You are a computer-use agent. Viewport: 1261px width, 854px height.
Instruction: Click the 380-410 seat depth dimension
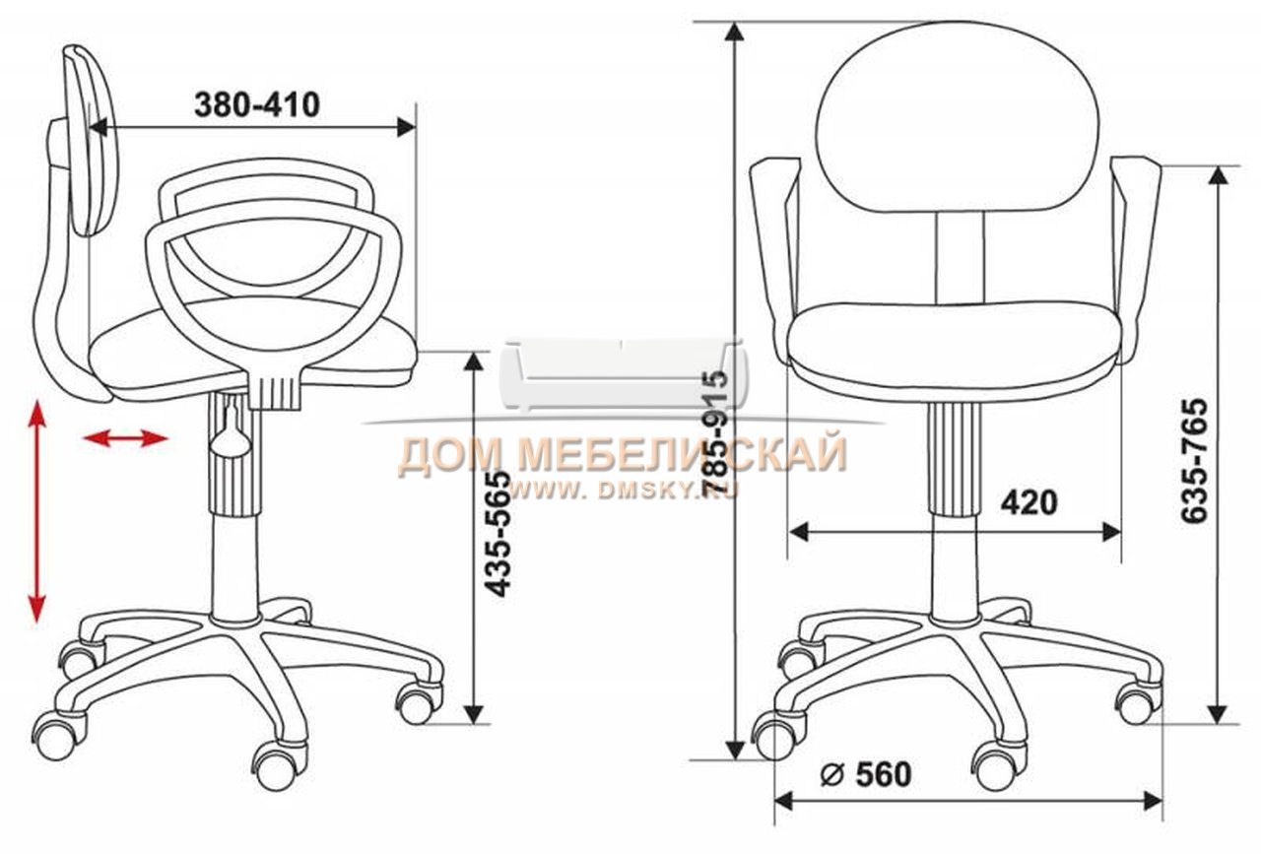coord(257,104)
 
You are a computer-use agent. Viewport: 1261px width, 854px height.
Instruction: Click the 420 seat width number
coord(1029,502)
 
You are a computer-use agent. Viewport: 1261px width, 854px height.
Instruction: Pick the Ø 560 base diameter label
coord(866,774)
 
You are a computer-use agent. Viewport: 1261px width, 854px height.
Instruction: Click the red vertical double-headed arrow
coord(37,512)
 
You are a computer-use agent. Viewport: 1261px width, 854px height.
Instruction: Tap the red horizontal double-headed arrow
coord(125,438)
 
